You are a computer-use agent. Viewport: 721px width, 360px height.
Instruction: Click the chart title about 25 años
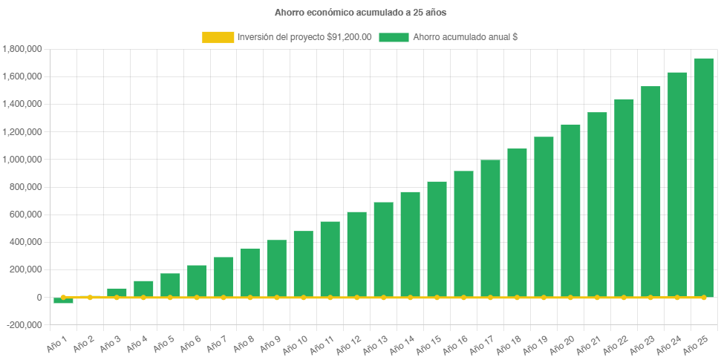[x=360, y=13]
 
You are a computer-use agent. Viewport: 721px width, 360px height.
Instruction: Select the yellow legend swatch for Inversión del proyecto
[x=218, y=37]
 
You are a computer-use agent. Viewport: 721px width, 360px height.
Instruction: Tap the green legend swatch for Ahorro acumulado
[x=394, y=37]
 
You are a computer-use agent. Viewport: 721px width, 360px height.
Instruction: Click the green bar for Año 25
[x=703, y=178]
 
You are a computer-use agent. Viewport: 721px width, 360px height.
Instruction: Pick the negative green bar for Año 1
[x=64, y=301]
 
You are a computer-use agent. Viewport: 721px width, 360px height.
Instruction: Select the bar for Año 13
[x=383, y=249]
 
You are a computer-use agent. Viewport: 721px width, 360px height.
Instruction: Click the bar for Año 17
[x=490, y=229]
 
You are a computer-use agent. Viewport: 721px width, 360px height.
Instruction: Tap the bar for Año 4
[x=143, y=289]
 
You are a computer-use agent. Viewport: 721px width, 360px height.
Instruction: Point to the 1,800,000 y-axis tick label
[x=22, y=49]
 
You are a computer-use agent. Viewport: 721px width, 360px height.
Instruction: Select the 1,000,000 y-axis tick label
[x=22, y=160]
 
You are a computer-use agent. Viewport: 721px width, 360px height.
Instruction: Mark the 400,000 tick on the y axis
[x=25, y=242]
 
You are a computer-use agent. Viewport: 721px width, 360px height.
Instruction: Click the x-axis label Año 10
[x=295, y=344]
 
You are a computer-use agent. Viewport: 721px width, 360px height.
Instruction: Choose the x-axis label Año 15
[x=428, y=344]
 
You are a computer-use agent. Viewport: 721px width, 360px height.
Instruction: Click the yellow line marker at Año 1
[x=64, y=297]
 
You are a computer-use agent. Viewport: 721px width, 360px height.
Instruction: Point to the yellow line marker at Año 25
[x=703, y=297]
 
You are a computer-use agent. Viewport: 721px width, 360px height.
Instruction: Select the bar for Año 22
[x=624, y=198]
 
